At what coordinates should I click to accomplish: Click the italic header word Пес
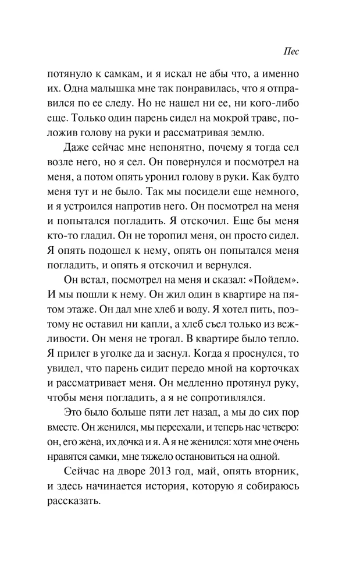pos(291,51)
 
